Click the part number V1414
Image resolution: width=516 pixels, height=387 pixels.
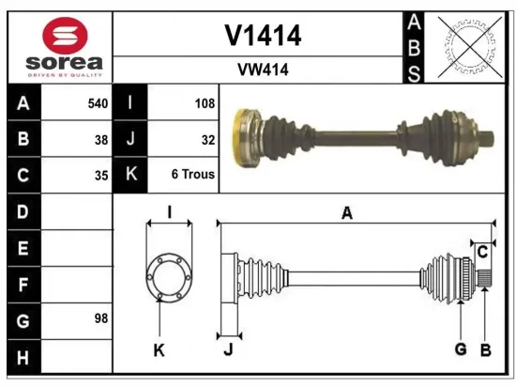pyautogui.click(x=263, y=36)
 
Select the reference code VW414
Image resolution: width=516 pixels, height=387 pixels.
pyautogui.click(x=263, y=70)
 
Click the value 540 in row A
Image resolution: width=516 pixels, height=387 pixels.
pyautogui.click(x=97, y=103)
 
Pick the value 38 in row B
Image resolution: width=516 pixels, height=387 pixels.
pyautogui.click(x=99, y=139)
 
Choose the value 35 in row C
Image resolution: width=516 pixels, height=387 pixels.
pyautogui.click(x=99, y=175)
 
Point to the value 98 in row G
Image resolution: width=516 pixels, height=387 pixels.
pyautogui.click(x=99, y=319)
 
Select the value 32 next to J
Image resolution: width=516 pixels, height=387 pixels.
pyautogui.click(x=207, y=139)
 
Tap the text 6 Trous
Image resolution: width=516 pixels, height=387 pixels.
pyautogui.click(x=192, y=175)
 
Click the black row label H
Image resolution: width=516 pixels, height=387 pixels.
pyautogui.click(x=23, y=356)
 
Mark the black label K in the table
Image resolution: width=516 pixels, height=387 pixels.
pyautogui.click(x=129, y=175)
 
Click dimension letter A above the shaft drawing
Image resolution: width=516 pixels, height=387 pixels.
pyautogui.click(x=346, y=214)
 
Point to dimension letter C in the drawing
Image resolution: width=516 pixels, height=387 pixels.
pyautogui.click(x=481, y=252)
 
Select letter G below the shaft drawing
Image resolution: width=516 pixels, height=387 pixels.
pyautogui.click(x=461, y=349)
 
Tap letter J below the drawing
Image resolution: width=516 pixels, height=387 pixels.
pyautogui.click(x=228, y=350)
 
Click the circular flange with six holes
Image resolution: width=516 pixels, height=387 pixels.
pyautogui.click(x=169, y=279)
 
